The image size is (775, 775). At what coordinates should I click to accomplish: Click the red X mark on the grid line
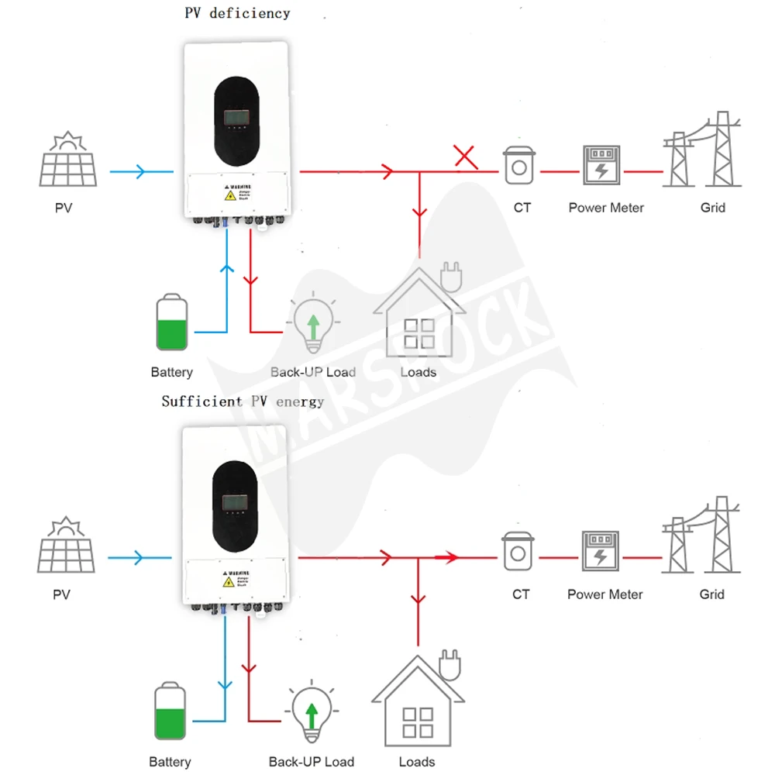[x=465, y=157]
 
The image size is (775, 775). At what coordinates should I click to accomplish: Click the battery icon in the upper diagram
[x=171, y=322]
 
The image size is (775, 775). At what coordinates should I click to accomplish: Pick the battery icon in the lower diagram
[x=170, y=711]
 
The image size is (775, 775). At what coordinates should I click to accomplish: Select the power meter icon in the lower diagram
[x=601, y=551]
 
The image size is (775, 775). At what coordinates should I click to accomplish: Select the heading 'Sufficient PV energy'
[x=243, y=401]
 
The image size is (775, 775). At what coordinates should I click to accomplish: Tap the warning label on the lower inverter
[x=235, y=581]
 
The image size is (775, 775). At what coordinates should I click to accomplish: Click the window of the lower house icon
[x=418, y=722]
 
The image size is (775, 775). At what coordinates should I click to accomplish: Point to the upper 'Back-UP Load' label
[x=313, y=372]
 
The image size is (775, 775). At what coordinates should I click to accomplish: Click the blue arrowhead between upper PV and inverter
[x=140, y=171]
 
